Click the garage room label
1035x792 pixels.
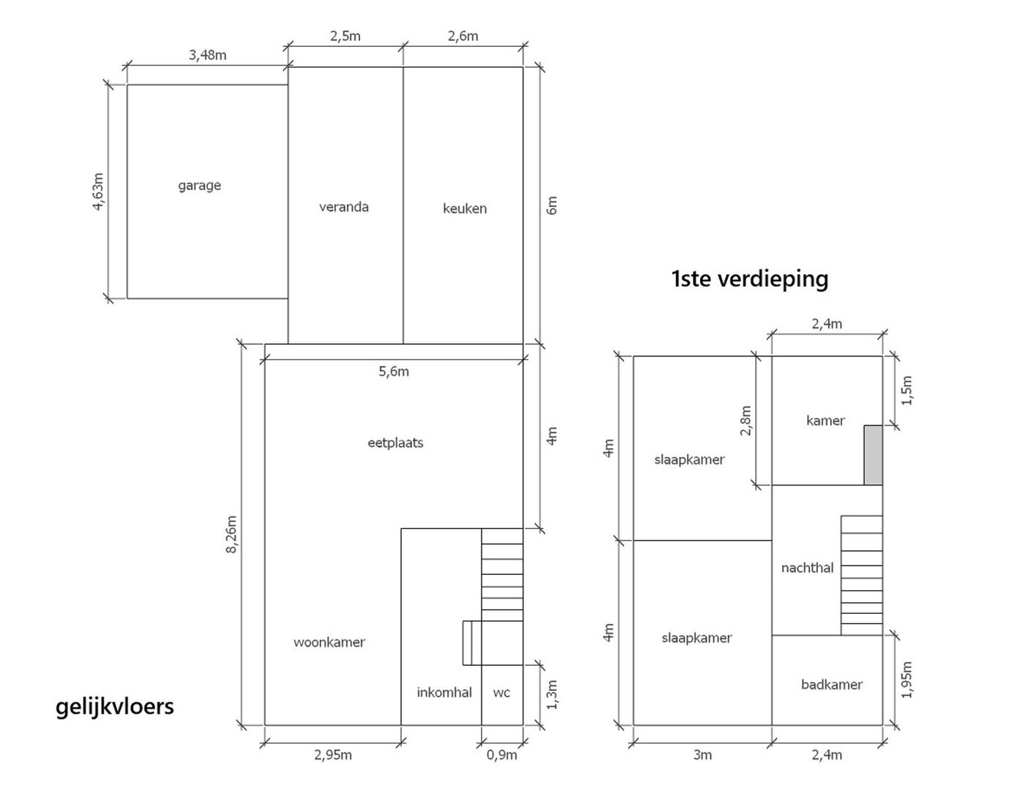pyautogui.click(x=199, y=186)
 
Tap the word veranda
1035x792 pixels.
pyautogui.click(x=343, y=207)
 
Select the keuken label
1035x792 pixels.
pyautogui.click(x=465, y=208)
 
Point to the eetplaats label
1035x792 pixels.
pyautogui.click(x=395, y=442)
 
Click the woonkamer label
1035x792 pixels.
pyautogui.click(x=329, y=642)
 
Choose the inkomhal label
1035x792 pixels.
pyautogui.click(x=444, y=692)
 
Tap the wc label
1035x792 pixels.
pyautogui.click(x=501, y=692)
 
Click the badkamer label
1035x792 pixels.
pyautogui.click(x=831, y=684)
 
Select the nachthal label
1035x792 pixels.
pyautogui.click(x=807, y=568)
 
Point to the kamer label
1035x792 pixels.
pyautogui.click(x=825, y=419)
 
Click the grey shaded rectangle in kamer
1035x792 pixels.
pyautogui.click(x=873, y=455)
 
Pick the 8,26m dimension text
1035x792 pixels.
pyautogui.click(x=232, y=535)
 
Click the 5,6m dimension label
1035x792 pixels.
pyautogui.click(x=394, y=372)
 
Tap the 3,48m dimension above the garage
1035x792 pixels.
pyautogui.click(x=207, y=55)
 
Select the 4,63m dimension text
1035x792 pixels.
pyautogui.click(x=98, y=191)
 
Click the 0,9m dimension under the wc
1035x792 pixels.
pyautogui.click(x=501, y=755)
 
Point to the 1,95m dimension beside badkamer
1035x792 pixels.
pyautogui.click(x=906, y=680)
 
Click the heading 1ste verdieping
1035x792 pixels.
pyautogui.click(x=749, y=279)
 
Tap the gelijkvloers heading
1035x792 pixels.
pyautogui.click(x=114, y=707)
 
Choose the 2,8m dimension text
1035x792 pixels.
pyautogui.click(x=745, y=420)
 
